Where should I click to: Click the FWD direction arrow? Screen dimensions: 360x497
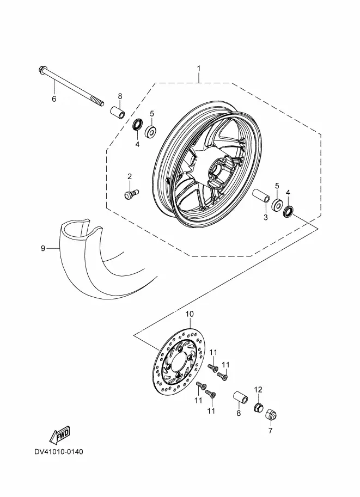(x=59, y=435)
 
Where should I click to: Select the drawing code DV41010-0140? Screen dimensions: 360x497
(x=59, y=451)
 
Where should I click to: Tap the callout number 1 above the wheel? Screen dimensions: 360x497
(x=199, y=68)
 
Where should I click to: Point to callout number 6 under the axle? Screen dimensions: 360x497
(x=54, y=99)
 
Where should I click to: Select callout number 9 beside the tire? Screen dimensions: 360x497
(x=43, y=248)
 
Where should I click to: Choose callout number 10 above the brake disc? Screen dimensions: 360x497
(x=190, y=314)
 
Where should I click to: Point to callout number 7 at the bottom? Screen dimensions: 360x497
(x=270, y=431)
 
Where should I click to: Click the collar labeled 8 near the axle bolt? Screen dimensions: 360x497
(x=117, y=113)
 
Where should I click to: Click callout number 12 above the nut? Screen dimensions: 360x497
(x=258, y=389)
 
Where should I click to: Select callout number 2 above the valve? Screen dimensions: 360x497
(x=130, y=176)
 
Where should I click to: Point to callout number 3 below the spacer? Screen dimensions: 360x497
(x=266, y=217)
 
